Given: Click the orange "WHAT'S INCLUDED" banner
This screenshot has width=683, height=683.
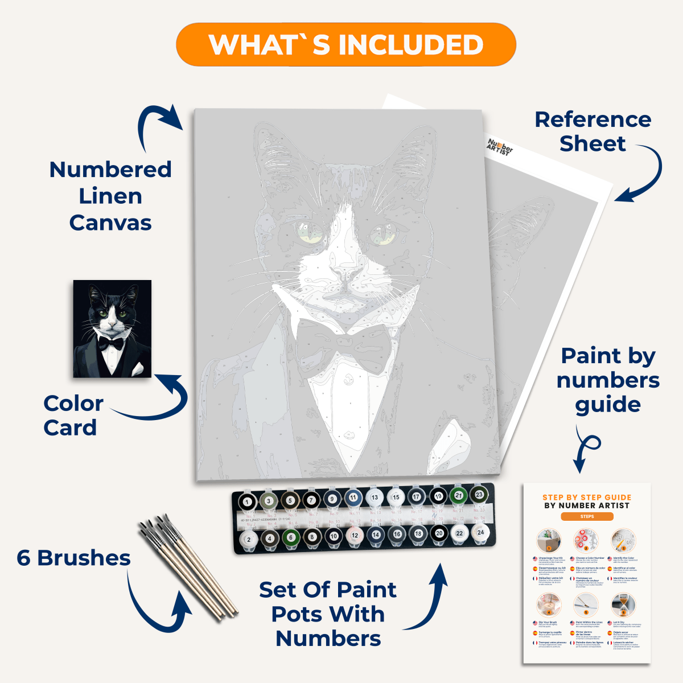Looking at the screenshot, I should coord(345,44).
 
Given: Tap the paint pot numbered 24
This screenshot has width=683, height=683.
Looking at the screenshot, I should coord(480,533).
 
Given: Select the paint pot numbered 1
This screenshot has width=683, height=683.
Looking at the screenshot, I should coord(247,502).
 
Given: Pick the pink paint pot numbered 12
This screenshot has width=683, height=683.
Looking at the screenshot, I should coord(355,536).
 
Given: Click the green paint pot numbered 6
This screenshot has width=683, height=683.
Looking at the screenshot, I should coord(291,537).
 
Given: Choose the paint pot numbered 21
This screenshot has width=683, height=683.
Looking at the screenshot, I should coord(458,496).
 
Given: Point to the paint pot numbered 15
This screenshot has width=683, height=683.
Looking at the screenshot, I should coord(396,497).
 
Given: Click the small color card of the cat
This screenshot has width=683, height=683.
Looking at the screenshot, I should coord(112,328).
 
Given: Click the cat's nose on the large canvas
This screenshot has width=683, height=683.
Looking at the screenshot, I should coord(344,277).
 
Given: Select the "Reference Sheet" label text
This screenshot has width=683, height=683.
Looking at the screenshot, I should coord(593,131).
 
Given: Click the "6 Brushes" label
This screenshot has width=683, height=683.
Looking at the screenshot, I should coord(73,558).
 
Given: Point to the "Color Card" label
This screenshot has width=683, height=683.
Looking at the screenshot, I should coord(73,415).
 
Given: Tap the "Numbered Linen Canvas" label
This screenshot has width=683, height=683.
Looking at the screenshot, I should coord(110,196).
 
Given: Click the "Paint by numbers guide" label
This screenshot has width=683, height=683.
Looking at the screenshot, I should coord(608,380).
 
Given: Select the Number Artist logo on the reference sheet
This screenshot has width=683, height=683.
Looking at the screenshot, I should coord(500,147).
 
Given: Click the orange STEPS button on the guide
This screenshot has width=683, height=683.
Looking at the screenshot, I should coord(587,516).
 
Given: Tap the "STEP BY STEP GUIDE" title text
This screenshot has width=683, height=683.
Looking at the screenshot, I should coord(587,497).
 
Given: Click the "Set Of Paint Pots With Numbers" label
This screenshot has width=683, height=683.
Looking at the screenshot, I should coord(328,614).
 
